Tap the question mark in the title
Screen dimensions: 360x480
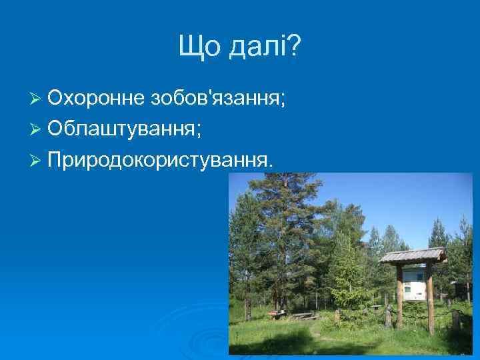294,47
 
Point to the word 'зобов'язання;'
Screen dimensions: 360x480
218,99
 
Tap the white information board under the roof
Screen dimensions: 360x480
413,283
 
